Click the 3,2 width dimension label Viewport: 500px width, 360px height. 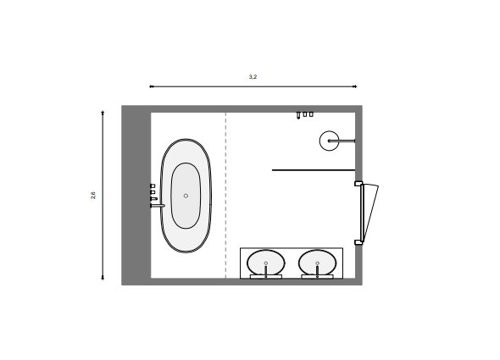tap(253, 77)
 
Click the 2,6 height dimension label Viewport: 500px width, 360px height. tap(93, 196)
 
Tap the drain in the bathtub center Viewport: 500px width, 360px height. tap(186, 196)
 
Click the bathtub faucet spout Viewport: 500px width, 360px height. tap(157, 205)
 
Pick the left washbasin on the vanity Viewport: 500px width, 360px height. tap(266, 263)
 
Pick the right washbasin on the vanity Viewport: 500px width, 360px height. tap(318, 263)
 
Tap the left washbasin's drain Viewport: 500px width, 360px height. tap(266, 263)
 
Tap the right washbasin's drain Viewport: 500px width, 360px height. tap(318, 263)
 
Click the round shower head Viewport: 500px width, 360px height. tap(330, 141)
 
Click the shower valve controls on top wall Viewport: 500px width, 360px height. tap(304, 114)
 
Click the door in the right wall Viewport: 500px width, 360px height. tap(366, 212)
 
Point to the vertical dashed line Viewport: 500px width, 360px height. tap(225, 195)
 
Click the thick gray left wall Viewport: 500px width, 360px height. tap(136, 195)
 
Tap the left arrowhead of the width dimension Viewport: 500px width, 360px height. tap(152, 86)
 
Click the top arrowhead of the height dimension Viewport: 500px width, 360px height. tap(103, 111)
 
